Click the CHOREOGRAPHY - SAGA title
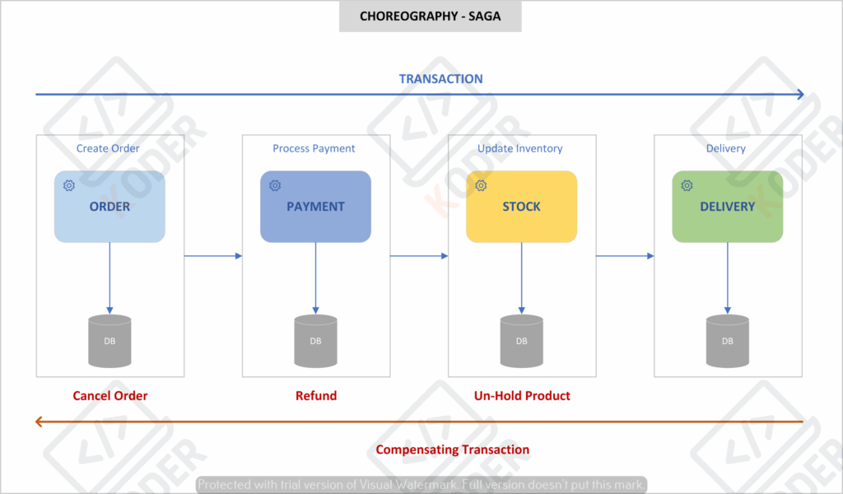(430, 16)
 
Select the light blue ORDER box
(109, 207)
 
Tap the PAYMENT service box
(315, 207)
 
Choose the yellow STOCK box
(521, 207)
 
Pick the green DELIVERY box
(728, 207)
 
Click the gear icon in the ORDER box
(69, 185)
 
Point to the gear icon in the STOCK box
(481, 185)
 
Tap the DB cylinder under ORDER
(109, 342)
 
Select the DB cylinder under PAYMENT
(315, 342)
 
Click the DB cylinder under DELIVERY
(728, 342)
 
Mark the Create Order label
(108, 148)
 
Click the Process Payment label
(314, 148)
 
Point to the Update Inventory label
(520, 148)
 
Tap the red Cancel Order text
(109, 396)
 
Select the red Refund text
(316, 396)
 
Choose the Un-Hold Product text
(522, 396)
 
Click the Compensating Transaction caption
(452, 450)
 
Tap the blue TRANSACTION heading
(441, 79)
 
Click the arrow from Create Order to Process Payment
(213, 256)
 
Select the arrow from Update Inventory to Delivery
(625, 256)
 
